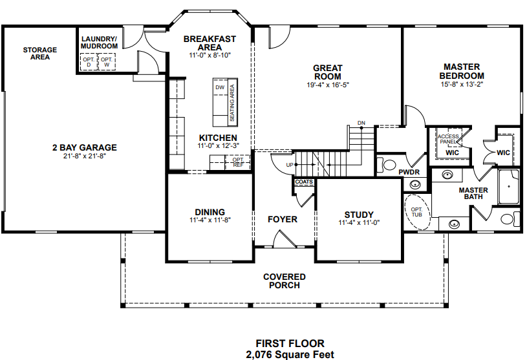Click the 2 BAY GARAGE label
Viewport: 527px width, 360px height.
(85, 147)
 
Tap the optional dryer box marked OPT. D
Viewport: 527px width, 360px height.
(89, 62)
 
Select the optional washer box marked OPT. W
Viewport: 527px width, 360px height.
(107, 62)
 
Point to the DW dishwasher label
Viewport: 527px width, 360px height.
(220, 87)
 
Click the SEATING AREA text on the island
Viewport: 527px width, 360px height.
(232, 103)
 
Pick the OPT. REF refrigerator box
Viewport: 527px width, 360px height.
(239, 162)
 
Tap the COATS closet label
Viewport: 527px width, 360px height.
(304, 182)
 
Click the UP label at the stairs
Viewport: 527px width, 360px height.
(290, 165)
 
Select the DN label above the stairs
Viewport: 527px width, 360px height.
(361, 123)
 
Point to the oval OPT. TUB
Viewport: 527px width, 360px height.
(417, 212)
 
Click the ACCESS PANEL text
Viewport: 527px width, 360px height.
(448, 139)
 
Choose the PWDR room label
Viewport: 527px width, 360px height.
(409, 172)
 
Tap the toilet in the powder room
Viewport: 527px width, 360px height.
(387, 165)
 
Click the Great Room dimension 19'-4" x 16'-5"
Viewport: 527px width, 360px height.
(328, 85)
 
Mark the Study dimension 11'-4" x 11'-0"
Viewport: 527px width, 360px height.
(359, 222)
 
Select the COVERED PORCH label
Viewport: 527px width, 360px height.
(285, 281)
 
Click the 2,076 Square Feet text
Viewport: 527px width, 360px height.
(290, 355)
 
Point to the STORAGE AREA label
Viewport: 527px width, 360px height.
(40, 54)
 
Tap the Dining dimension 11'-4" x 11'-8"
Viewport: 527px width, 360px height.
(210, 220)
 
